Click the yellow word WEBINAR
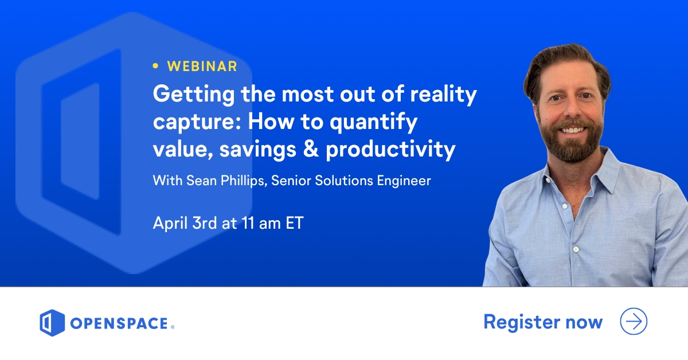pos(202,66)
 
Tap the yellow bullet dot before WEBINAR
pos(155,66)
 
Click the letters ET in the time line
pos(294,223)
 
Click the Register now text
pos(542,322)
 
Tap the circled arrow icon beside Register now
pos(634,322)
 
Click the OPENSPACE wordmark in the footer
pos(119,324)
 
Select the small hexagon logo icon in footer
pos(52,323)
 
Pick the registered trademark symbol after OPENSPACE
pos(172,327)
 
